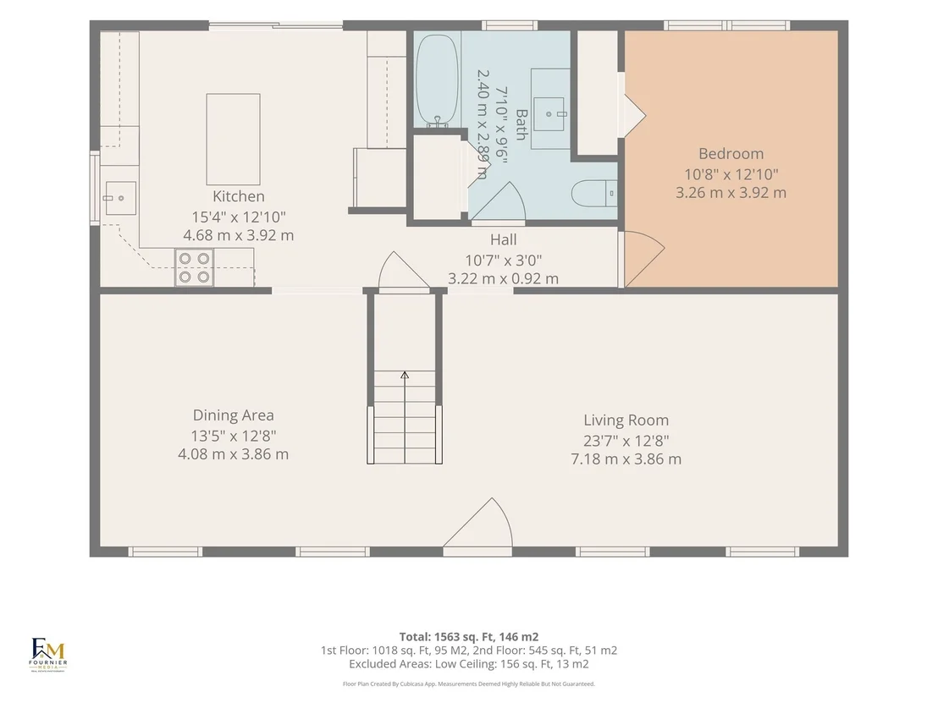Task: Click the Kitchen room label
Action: pos(238,196)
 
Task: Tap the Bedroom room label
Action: pos(731,154)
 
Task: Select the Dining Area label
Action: pos(234,415)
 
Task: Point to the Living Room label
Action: pos(626,420)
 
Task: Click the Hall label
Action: pos(503,239)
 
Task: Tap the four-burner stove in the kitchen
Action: pos(195,268)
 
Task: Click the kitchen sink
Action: pos(120,198)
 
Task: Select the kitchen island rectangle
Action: pos(234,140)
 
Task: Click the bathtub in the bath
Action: pos(438,80)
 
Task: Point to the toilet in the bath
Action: pos(594,194)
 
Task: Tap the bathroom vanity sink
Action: pos(549,113)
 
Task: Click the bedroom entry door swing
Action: pos(643,259)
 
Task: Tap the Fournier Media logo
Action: pos(48,655)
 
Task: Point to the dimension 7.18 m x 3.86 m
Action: pos(626,459)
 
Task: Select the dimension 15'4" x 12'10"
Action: pos(239,217)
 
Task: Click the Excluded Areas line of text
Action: pos(469,664)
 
